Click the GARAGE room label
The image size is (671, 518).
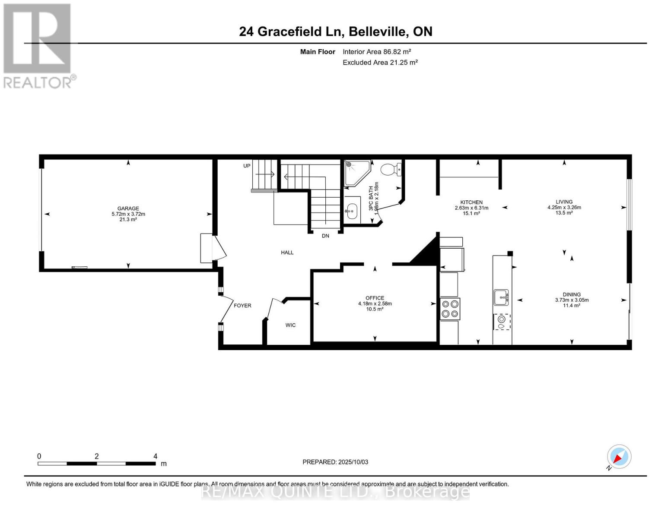128,208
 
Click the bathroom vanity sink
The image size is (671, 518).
353,211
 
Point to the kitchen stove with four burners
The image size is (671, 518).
450,309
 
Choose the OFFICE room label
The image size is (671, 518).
375,298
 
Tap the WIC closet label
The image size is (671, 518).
290,325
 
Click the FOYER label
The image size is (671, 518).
242,306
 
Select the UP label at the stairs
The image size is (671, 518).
247,166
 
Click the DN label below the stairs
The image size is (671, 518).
325,236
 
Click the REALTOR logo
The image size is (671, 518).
38,46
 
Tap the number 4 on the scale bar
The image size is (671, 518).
155,456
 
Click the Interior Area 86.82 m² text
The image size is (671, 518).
377,51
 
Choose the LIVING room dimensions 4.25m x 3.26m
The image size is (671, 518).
564,207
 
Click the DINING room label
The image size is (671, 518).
572,294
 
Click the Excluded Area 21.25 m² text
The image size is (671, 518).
380,63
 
